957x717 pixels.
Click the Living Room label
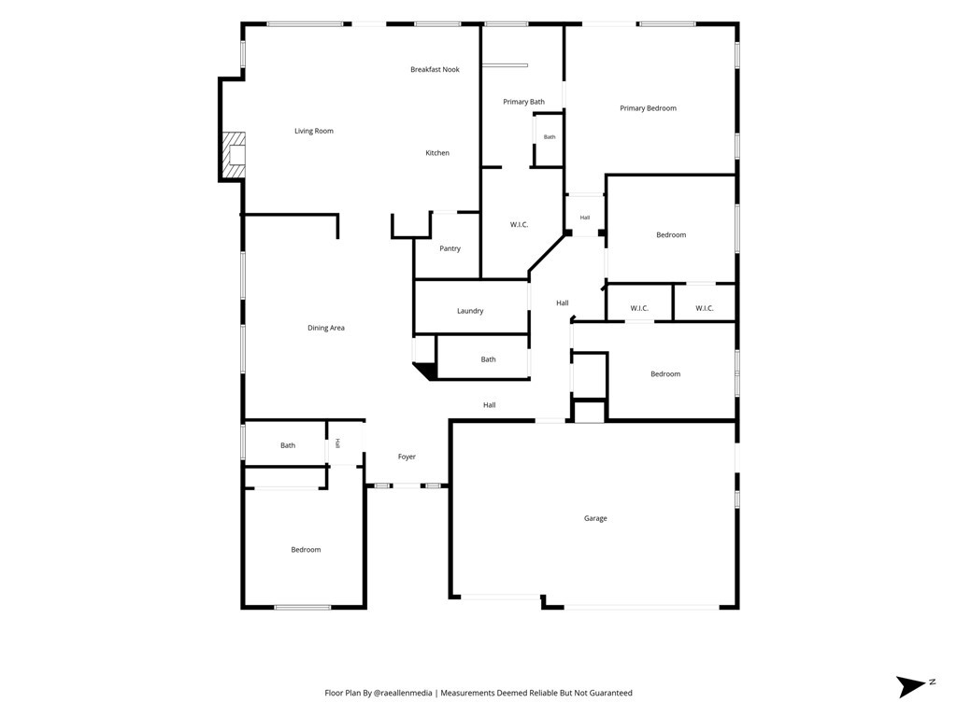tap(314, 131)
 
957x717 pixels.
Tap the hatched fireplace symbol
tap(233, 155)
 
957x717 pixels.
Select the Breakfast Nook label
tap(435, 69)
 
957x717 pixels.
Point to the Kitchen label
tap(437, 153)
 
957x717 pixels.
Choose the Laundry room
tap(471, 307)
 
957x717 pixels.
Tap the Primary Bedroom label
tap(649, 108)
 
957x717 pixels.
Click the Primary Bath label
tap(523, 102)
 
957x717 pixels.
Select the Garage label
tap(595, 518)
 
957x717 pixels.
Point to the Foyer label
tap(407, 457)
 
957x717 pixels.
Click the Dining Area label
tap(326, 328)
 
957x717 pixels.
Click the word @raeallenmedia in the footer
tap(403, 694)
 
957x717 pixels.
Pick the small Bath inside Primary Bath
tap(550, 137)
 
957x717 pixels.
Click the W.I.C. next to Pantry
tap(519, 225)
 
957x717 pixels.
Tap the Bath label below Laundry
tap(488, 359)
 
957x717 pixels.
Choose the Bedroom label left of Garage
tap(306, 550)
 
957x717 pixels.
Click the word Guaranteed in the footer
tap(612, 694)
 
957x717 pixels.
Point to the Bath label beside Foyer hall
tap(288, 445)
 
